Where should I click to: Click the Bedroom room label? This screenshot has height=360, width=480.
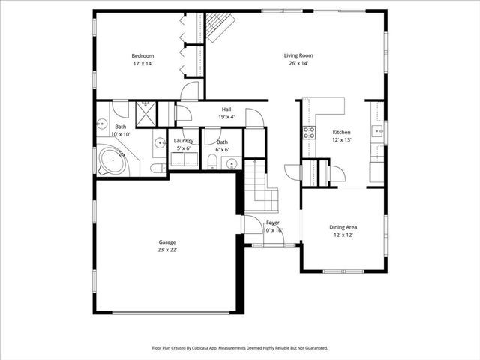pyautogui.click(x=142, y=56)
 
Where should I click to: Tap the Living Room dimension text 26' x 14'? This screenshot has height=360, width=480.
pyautogui.click(x=298, y=64)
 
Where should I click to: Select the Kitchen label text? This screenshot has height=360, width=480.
pyautogui.click(x=342, y=132)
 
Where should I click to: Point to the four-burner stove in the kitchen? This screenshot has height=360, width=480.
pyautogui.click(x=308, y=133)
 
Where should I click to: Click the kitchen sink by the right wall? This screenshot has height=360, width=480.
pyautogui.click(x=379, y=130)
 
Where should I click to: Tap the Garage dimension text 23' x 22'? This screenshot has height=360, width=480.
pyautogui.click(x=167, y=250)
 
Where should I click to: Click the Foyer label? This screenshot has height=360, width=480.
pyautogui.click(x=273, y=223)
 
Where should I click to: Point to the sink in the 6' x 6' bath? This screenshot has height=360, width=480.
pyautogui.click(x=233, y=163)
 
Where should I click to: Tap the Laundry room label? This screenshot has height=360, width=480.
pyautogui.click(x=184, y=141)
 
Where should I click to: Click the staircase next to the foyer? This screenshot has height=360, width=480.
pyautogui.click(x=263, y=187)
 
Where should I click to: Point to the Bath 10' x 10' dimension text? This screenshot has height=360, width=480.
pyautogui.click(x=121, y=134)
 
